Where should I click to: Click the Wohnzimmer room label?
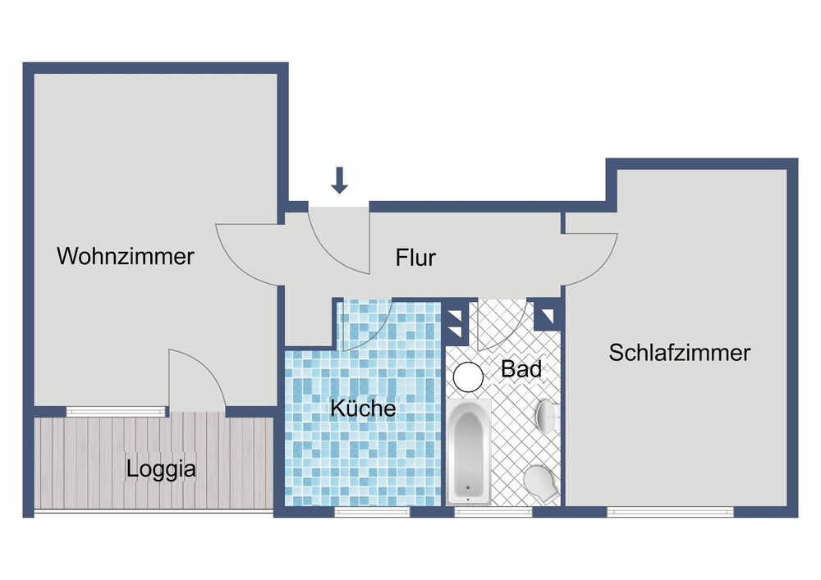click(125, 256)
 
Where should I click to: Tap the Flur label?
click(415, 258)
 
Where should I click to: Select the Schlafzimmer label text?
click(680, 353)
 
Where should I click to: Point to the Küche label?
click(363, 408)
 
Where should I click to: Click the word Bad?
click(521, 369)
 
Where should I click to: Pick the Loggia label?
click(161, 470)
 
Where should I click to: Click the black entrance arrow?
click(339, 180)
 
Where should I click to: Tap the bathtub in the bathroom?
click(469, 452)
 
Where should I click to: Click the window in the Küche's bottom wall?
click(372, 512)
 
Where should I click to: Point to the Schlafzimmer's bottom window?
click(670, 512)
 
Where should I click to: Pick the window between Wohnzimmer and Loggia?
click(115, 411)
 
